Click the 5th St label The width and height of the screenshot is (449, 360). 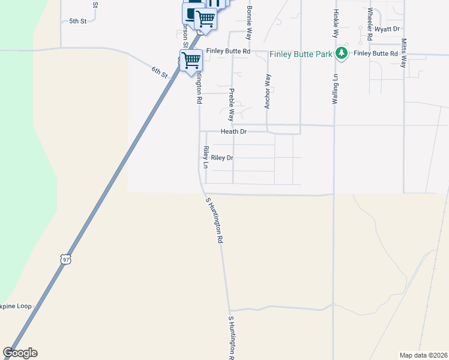78,21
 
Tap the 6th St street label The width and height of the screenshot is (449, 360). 159,72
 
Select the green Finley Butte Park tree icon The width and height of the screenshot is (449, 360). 342,53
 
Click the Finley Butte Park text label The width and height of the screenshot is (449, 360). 301,54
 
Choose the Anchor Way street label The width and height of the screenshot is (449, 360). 268,91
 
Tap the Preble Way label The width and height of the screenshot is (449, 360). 231,105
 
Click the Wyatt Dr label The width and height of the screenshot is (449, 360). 387,29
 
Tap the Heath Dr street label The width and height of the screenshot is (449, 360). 234,131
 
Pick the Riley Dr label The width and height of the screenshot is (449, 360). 221,158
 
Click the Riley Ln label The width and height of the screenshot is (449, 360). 205,157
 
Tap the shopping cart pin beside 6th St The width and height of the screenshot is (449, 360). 191,59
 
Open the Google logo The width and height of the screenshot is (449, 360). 20,353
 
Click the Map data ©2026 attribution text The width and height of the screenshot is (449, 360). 423,355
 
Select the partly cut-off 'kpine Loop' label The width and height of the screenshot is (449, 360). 16,306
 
